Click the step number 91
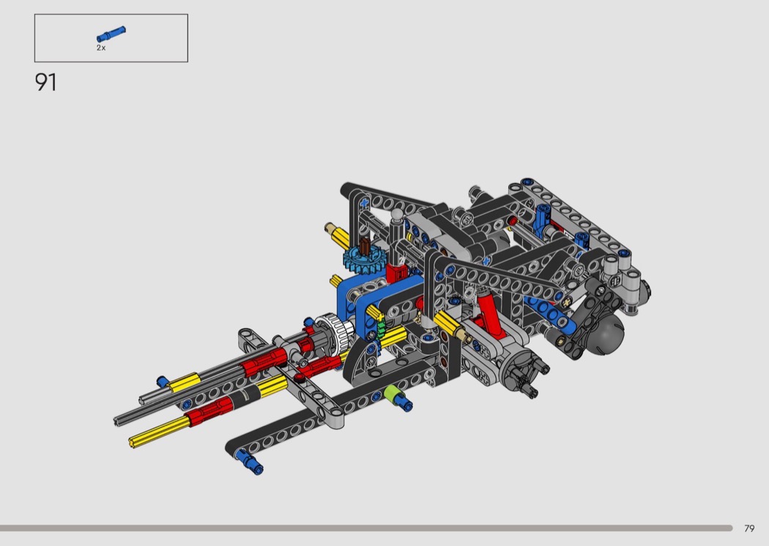(45, 83)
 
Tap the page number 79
(749, 528)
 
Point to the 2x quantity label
(101, 48)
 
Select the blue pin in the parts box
(111, 34)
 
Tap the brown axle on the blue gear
(365, 246)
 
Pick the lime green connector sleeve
(391, 394)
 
